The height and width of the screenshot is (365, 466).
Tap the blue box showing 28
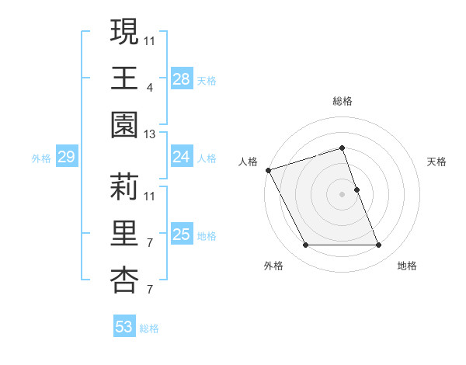point(181,79)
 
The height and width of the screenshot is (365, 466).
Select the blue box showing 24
point(181,157)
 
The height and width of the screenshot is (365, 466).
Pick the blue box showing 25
point(181,235)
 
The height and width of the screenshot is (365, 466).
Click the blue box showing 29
point(66,158)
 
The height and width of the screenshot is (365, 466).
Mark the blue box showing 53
point(124,327)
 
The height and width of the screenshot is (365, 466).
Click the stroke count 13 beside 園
point(150,134)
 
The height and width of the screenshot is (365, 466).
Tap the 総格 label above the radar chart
point(342,101)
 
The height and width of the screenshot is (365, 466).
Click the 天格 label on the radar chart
point(436,162)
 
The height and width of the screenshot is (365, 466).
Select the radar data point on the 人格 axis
point(268,169)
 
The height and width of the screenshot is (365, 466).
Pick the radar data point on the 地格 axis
point(378,245)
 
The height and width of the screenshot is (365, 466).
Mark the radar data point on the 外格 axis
point(305,245)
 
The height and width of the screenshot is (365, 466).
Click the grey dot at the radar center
point(342,194)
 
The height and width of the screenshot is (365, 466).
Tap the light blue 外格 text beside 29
point(41,158)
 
